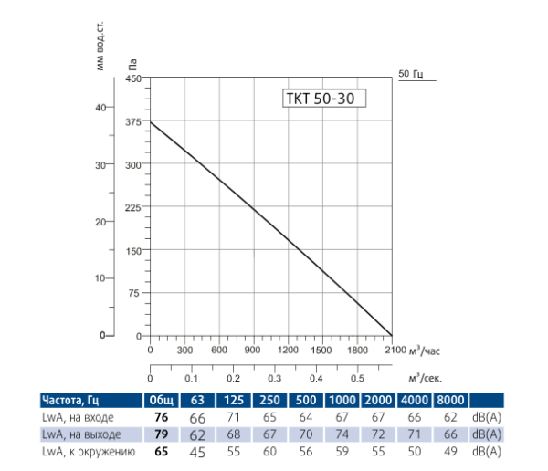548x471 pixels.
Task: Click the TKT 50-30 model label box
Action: coord(320,99)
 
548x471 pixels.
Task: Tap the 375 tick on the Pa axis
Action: coord(134,122)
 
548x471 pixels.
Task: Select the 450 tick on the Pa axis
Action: coord(134,79)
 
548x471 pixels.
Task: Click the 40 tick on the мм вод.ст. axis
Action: coord(100,108)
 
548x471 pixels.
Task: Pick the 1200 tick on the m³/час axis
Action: coord(288,350)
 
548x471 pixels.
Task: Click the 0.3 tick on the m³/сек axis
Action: coord(274,377)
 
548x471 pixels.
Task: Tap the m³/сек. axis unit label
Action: coord(427,377)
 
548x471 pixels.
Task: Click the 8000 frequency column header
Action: coord(451,400)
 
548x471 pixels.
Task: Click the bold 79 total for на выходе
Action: coord(162,434)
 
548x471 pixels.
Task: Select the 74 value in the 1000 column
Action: coord(342,434)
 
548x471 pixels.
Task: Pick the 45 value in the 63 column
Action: coord(197,451)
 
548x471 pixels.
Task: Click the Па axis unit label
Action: coord(134,65)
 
